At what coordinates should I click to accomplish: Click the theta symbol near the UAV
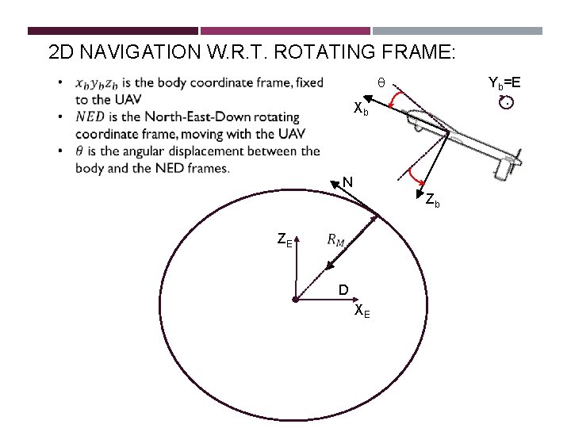point(381,82)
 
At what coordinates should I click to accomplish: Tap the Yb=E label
point(504,82)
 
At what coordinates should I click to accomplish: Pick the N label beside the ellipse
point(347,182)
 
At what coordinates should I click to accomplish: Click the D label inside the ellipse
point(343,290)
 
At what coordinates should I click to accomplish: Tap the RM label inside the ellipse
point(336,240)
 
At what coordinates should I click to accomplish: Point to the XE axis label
point(362,311)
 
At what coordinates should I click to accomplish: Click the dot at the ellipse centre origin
point(294,300)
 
